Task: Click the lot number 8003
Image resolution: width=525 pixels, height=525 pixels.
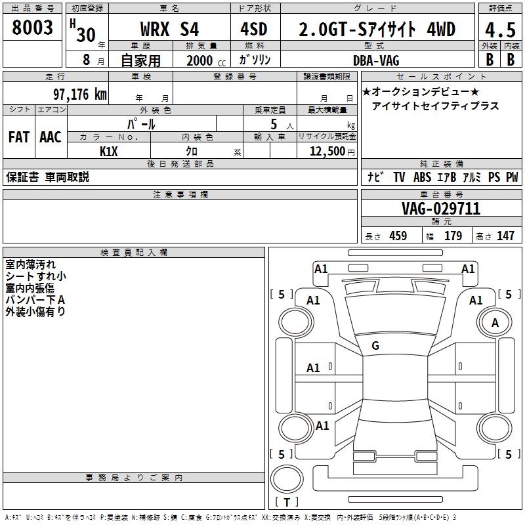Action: [x=32, y=28]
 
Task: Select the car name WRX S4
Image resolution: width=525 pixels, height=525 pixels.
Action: [x=169, y=29]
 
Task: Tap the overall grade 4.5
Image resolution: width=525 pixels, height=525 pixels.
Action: [x=500, y=30]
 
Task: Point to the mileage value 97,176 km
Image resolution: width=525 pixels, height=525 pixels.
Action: [x=80, y=94]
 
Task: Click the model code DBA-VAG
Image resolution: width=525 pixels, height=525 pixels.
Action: [x=376, y=60]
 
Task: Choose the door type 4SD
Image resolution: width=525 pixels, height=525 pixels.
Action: [x=254, y=29]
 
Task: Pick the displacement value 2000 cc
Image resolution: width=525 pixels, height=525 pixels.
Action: [x=206, y=60]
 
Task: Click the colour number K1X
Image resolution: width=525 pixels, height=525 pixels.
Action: [x=109, y=152]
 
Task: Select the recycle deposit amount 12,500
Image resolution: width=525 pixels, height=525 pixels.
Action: [x=327, y=152]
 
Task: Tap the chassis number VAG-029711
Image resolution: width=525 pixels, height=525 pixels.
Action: [x=441, y=209]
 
